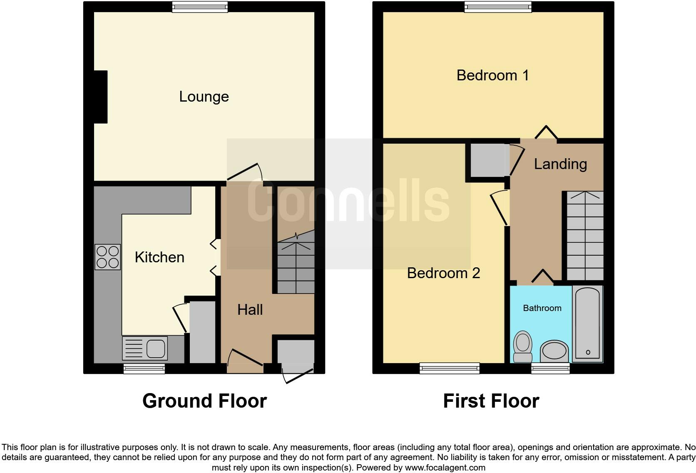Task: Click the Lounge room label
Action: point(204,97)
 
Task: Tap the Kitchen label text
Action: point(159,257)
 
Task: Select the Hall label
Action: point(250,310)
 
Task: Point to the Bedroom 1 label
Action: point(492,75)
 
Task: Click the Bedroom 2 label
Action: point(443,273)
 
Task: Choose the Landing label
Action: point(560,164)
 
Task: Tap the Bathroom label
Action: point(542,308)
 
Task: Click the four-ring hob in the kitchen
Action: point(107,257)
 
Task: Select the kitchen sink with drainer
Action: point(145,348)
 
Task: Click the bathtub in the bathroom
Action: point(587,324)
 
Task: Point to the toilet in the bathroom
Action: point(523,346)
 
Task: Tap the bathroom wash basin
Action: point(554,351)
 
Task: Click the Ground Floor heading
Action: point(204,401)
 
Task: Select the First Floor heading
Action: point(491,401)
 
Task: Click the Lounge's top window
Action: point(200,7)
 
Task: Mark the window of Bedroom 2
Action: point(450,368)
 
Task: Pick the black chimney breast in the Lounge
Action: point(100,97)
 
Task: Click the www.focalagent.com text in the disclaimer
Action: point(445,468)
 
